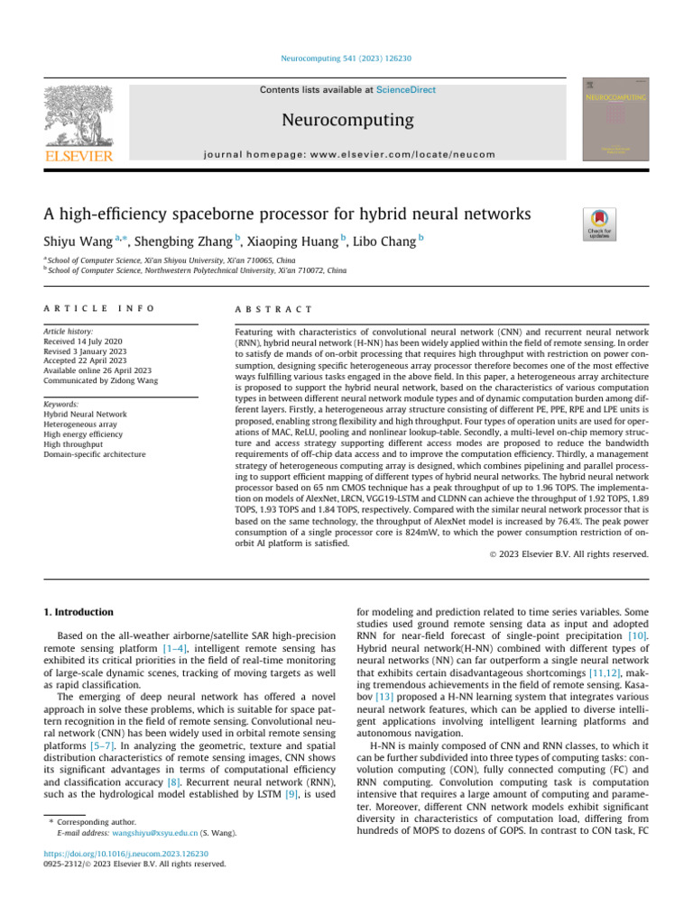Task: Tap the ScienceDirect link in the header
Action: (401, 89)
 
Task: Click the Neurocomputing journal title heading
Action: (346, 120)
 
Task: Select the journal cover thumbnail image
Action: (615, 119)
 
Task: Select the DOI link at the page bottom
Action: (126, 854)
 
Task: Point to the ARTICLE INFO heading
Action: (99, 308)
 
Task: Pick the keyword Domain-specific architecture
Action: (95, 454)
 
